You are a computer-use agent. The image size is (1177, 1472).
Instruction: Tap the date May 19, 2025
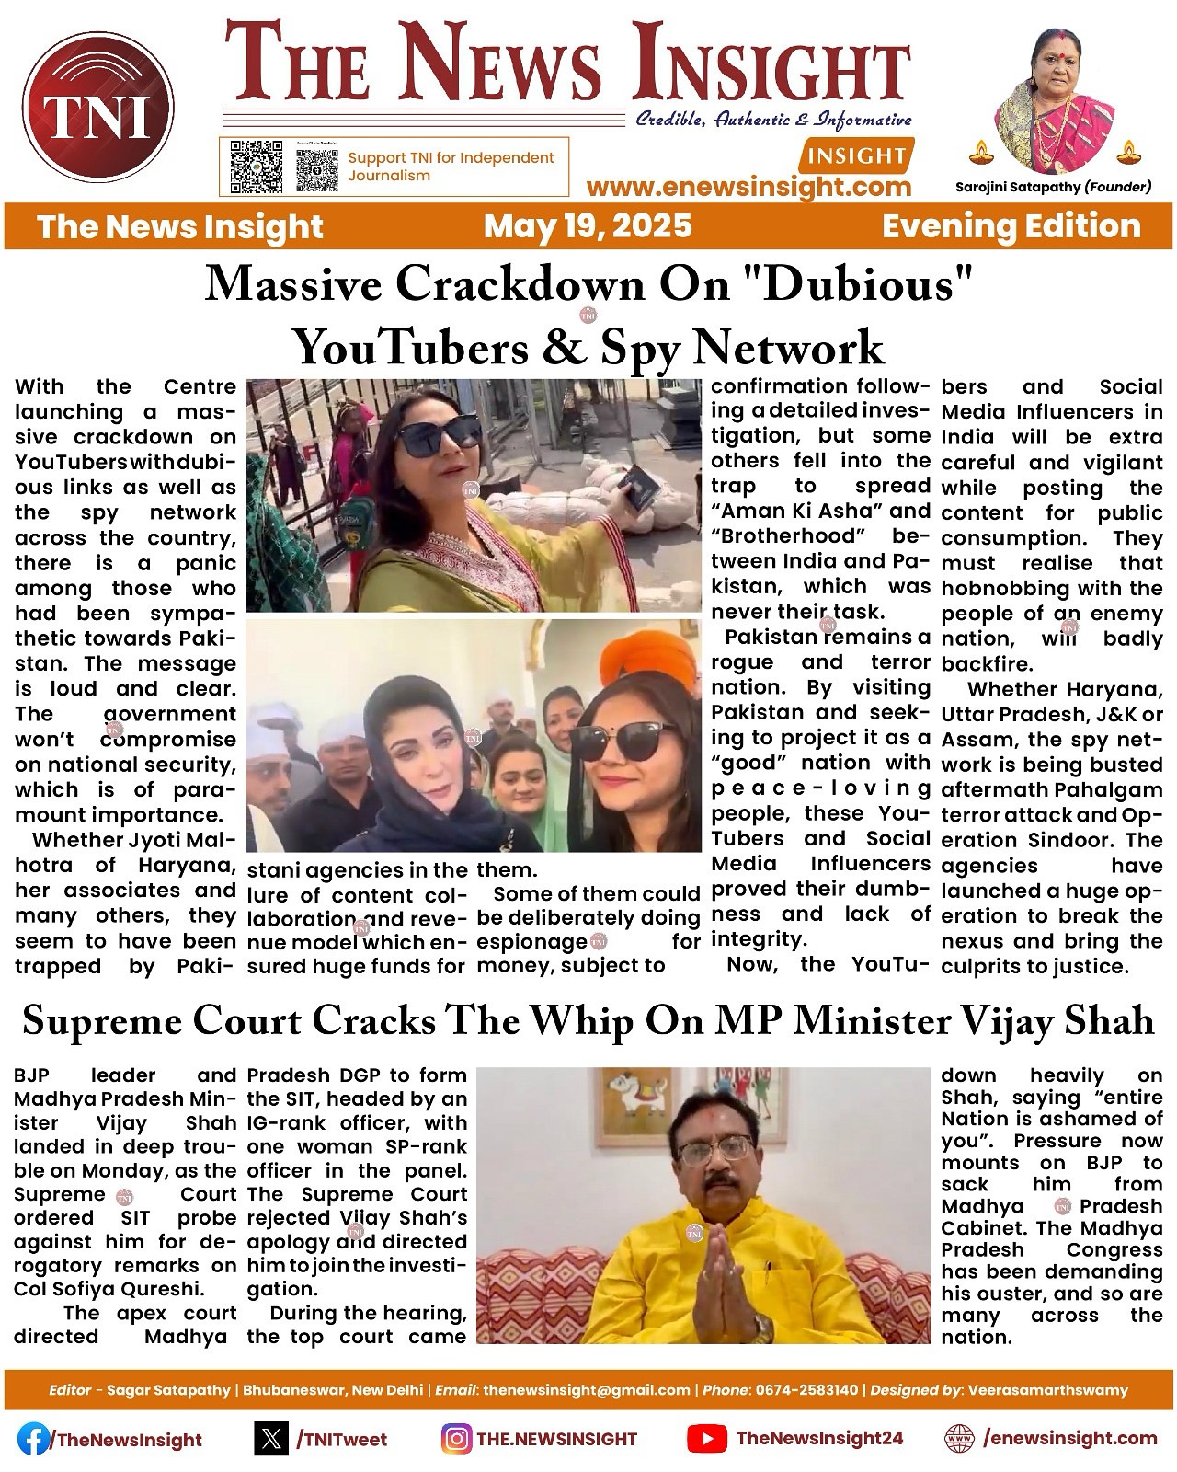point(588,225)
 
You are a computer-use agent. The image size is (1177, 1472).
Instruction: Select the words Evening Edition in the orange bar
point(1011,225)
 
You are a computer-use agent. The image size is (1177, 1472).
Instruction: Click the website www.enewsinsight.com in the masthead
point(748,187)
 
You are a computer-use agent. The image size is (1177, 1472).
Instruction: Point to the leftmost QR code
point(256,166)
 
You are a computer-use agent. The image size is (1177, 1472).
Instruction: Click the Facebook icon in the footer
point(33,1439)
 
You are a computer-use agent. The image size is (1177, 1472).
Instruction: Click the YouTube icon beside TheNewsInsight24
point(704,1439)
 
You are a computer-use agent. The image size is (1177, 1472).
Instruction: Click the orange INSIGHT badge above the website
point(858,155)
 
